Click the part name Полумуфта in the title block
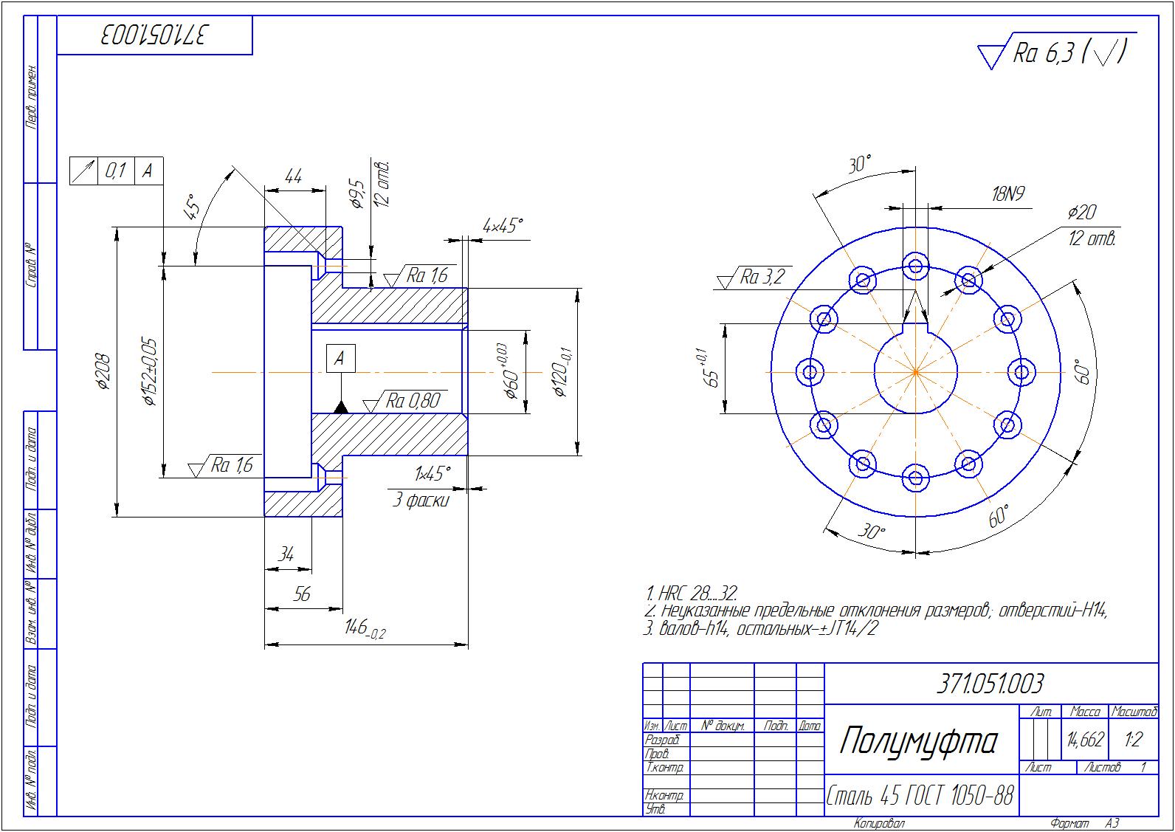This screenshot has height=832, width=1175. click(x=918, y=740)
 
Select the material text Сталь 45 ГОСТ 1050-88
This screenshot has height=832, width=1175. click(x=919, y=796)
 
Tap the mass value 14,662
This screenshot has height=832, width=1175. click(x=1085, y=739)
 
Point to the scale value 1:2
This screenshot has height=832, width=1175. click(x=1133, y=739)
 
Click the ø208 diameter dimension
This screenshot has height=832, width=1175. click(x=103, y=371)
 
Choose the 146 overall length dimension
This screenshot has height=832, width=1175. click(x=365, y=630)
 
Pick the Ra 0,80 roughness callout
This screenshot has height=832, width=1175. click(x=413, y=401)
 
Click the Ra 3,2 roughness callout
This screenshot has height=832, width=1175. click(x=761, y=277)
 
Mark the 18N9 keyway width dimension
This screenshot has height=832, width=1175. click(x=1007, y=195)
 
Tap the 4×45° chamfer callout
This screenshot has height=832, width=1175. click(x=503, y=225)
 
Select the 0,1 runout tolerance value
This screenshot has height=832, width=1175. click(x=116, y=171)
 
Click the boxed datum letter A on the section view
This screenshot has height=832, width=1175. click(x=340, y=359)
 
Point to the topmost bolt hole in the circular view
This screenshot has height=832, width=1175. click(x=915, y=266)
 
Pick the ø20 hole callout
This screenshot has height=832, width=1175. click(x=1082, y=213)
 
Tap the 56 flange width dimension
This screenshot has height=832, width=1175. click(x=302, y=594)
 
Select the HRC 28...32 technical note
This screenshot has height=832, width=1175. click(x=692, y=594)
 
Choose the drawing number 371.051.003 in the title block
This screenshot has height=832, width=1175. click(x=990, y=684)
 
